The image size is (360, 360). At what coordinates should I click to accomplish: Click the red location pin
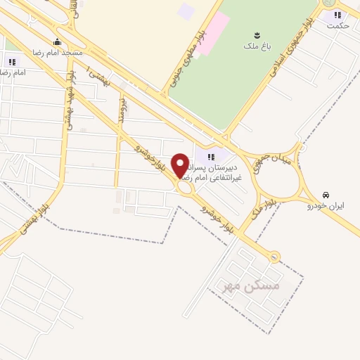[x=180, y=166]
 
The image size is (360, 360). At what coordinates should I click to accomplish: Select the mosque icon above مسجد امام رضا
[x=57, y=42]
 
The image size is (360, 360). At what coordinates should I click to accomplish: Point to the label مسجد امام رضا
[x=57, y=53]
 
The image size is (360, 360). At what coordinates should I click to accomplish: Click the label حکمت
[x=337, y=25]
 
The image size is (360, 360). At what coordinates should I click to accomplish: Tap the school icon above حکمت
[x=337, y=15]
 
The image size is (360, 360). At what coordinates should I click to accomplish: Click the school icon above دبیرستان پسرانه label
[x=210, y=157]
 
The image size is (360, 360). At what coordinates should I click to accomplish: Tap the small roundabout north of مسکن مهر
[x=273, y=257]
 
